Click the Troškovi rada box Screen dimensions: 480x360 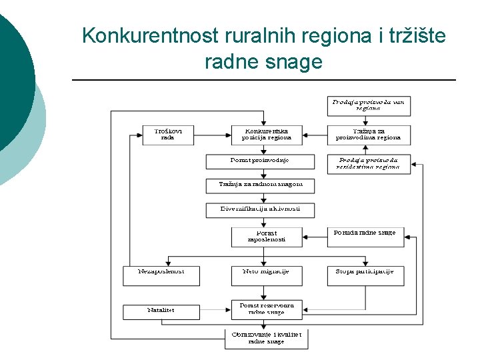168,135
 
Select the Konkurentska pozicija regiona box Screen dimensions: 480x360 266,135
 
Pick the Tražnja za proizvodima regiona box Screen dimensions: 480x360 368,135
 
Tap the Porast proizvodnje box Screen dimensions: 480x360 259,161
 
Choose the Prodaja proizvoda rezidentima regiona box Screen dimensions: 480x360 368,164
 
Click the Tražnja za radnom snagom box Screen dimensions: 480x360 260,185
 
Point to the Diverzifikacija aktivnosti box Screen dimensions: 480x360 260,209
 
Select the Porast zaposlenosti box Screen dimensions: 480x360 266,237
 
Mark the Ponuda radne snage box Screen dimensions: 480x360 365,237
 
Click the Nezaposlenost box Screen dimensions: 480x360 161,275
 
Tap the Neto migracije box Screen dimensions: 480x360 266,275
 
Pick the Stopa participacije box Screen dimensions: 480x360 365,275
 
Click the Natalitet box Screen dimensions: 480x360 161,311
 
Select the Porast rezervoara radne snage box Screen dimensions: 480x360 266,309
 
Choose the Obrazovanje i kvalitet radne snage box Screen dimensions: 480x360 266,338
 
